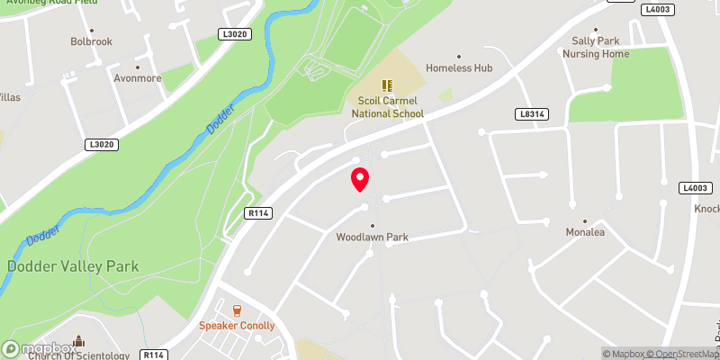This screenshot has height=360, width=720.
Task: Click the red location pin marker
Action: point(360,178)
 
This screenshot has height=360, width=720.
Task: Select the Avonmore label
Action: point(138,78)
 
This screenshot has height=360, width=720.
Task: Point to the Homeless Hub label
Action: point(459,67)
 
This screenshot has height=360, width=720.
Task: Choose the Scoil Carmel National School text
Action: point(387,108)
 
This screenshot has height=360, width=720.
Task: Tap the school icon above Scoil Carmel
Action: point(387,85)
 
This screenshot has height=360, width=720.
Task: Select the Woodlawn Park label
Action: point(373,238)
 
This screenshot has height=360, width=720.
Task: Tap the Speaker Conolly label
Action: point(237,326)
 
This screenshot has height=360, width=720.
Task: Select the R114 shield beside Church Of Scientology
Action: point(153,355)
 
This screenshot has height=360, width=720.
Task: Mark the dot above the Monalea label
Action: point(584,220)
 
